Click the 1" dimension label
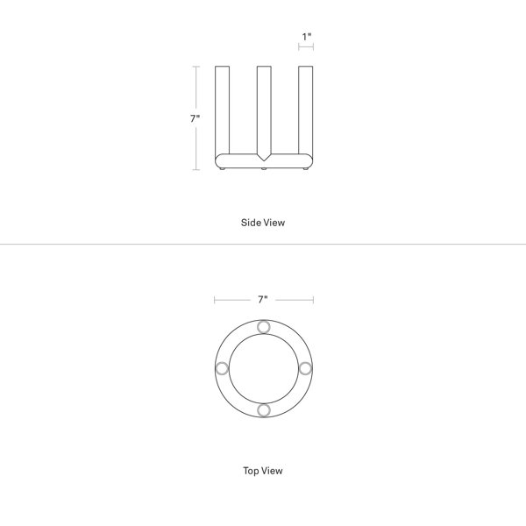click(x=307, y=37)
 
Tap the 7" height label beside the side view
click(x=195, y=118)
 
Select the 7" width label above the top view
click(x=263, y=299)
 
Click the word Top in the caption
click(x=252, y=471)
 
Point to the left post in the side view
click(x=222, y=110)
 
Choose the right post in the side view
click(x=306, y=110)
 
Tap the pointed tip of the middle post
click(x=264, y=160)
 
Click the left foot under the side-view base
click(x=222, y=168)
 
